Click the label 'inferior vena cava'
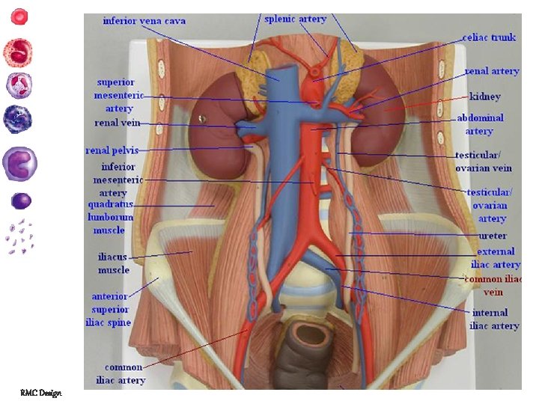[x=144, y=20]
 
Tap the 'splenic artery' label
[x=296, y=19]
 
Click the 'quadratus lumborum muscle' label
[x=111, y=216]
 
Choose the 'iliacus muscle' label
[x=114, y=263]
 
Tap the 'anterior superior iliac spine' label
[x=112, y=309]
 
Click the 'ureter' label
[x=492, y=236]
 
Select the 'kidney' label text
[x=485, y=97]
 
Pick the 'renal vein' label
[x=117, y=123]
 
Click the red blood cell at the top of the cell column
[x=19, y=16]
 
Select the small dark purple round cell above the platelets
[x=22, y=201]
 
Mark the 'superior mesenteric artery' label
[x=114, y=95]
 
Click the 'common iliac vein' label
[x=493, y=286]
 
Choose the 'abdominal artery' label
[x=480, y=124]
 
